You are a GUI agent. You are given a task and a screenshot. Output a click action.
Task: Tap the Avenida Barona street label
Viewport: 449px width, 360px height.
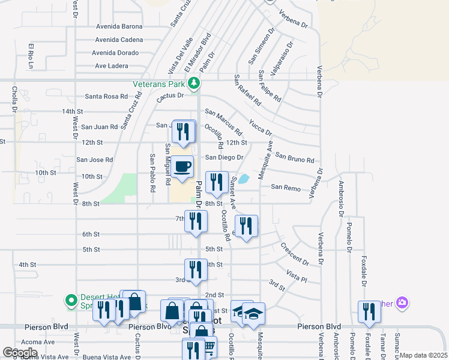[118, 26]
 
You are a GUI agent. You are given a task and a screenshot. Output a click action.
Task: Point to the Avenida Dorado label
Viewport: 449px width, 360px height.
[116, 53]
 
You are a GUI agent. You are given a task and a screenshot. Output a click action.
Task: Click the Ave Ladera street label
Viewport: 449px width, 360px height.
[112, 66]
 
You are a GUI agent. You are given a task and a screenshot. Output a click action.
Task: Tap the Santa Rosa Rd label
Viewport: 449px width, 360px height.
[106, 96]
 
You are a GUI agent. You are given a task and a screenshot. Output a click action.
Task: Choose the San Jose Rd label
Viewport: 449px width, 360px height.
[94, 160]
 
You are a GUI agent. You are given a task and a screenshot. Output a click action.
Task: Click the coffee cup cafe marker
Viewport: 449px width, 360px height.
[182, 166]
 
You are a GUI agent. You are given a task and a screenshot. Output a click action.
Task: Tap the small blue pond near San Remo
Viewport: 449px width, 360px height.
[244, 178]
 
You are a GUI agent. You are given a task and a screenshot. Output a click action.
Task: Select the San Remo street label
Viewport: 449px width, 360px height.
[285, 187]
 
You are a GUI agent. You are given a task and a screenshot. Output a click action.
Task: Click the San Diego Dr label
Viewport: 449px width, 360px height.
[224, 157]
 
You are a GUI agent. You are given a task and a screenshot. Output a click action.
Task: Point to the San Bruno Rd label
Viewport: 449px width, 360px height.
[295, 158]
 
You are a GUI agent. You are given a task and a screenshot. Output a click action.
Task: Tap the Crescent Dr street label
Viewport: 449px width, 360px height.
[294, 254]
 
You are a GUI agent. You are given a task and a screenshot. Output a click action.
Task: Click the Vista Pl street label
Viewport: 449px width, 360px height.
[297, 276]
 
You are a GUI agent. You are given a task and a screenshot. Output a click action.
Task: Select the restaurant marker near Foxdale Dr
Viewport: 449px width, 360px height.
[368, 311]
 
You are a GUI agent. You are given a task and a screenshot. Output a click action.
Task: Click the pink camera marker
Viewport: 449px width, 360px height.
[402, 303]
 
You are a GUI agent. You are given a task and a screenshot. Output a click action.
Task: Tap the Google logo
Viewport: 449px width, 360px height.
[20, 352]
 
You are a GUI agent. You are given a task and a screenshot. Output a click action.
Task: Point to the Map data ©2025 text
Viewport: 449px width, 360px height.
[423, 355]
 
